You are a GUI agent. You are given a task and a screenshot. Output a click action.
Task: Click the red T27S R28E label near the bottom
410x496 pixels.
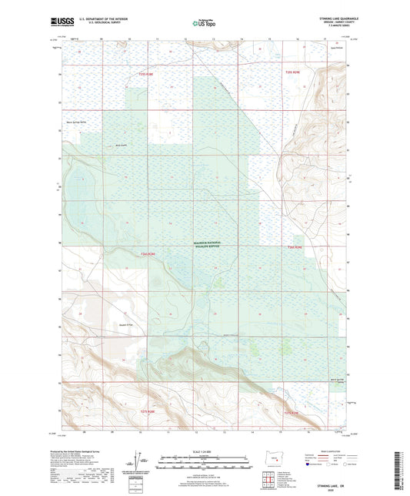tap(149, 413)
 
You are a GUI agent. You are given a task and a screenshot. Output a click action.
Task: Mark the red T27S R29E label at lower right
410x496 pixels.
tap(296, 413)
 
